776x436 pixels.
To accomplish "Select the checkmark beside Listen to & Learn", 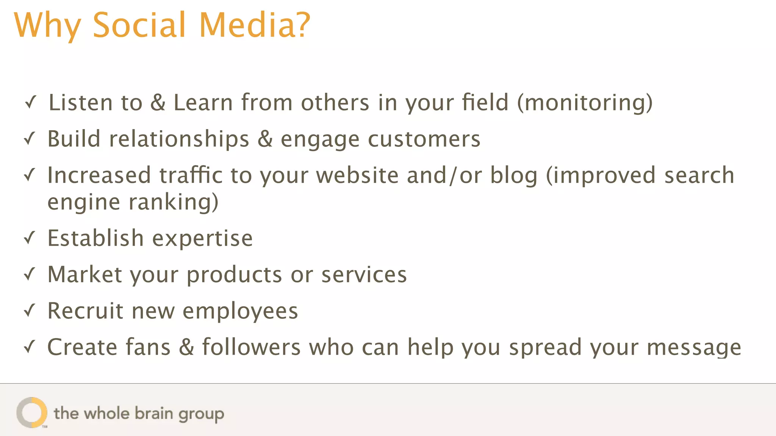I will tap(30, 102).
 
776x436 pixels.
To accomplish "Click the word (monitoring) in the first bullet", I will tap(585, 103).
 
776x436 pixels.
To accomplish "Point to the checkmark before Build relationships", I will tap(30, 139).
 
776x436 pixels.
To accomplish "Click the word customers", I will tap(424, 139).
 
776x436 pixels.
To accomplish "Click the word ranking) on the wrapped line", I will tap(174, 202).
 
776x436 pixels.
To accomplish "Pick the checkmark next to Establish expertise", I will tap(30, 238).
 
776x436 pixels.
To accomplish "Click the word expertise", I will tap(202, 239).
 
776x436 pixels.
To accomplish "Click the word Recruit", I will tap(85, 311).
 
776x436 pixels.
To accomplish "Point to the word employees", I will tap(240, 311).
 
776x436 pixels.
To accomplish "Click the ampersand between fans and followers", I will tap(186, 347).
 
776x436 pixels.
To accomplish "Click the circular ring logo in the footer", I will tap(32, 413).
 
